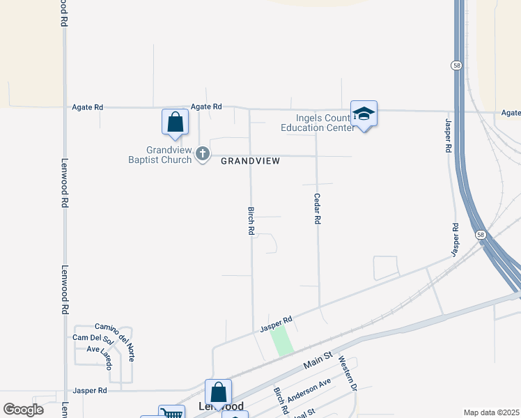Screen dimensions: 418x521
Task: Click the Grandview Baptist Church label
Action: (169, 155)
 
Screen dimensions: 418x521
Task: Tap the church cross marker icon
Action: (203, 154)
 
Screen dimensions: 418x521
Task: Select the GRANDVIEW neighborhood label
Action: (250, 161)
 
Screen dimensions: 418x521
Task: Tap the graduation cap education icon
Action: (364, 114)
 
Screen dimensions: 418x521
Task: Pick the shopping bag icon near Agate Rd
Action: (176, 122)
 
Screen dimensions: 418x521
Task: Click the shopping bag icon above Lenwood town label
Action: (218, 392)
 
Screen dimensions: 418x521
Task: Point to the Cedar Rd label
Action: (317, 208)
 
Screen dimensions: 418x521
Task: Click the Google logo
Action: (23, 410)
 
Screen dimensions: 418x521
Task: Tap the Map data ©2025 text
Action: (491, 412)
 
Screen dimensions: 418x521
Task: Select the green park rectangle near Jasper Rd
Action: (281, 341)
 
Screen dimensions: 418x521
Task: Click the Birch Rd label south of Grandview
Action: (251, 220)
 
